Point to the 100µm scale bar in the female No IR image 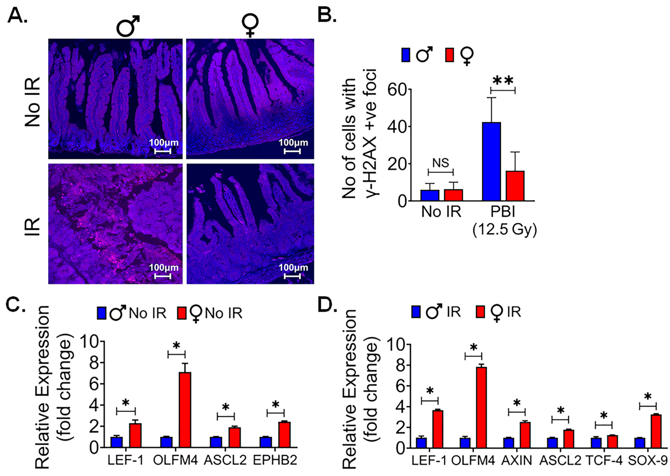pos(292,151)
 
